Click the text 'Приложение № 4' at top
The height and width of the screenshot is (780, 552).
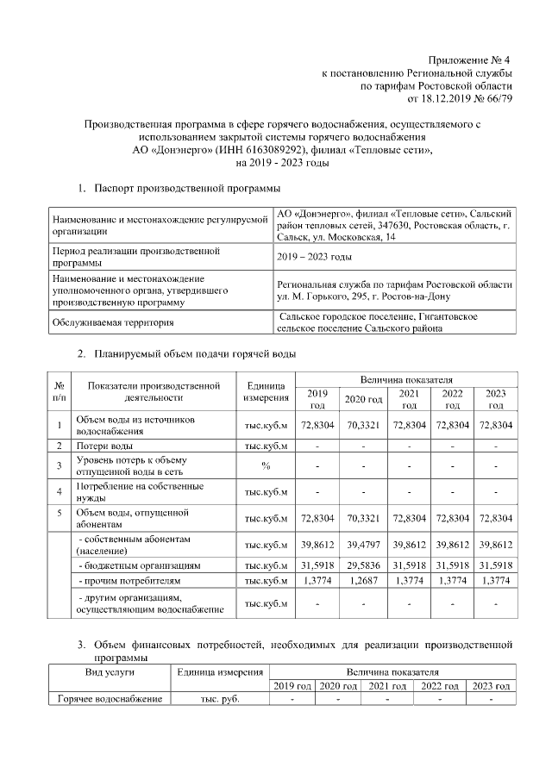tap(471, 60)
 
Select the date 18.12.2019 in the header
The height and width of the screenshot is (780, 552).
tap(439, 98)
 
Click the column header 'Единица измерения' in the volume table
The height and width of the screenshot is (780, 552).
tap(267, 392)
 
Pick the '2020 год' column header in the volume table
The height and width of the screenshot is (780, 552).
tap(363, 399)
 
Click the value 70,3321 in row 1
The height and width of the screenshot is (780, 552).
tap(363, 425)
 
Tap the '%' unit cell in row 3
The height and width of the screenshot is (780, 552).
tap(267, 466)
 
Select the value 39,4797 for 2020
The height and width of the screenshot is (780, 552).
tap(363, 545)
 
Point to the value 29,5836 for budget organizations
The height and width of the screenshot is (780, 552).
tap(363, 565)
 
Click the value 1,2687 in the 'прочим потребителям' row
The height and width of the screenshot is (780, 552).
tap(363, 583)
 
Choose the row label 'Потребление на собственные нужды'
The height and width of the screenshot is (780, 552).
tap(141, 493)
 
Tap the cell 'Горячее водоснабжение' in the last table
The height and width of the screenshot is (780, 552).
tap(108, 699)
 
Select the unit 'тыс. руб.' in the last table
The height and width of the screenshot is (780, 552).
tap(219, 699)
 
